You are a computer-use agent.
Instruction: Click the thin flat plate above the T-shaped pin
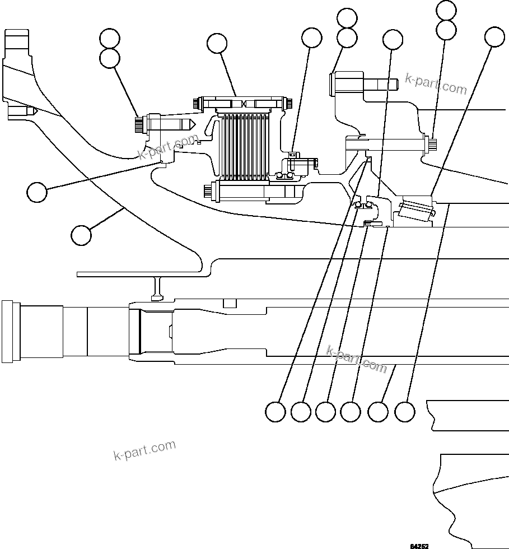[x=140, y=274]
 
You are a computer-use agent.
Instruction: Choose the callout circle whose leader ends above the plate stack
[x=217, y=43]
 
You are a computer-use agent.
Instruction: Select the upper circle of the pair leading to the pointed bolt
[x=109, y=39]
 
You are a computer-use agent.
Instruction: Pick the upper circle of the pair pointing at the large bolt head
[x=347, y=18]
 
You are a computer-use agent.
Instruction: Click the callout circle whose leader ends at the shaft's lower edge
[x=378, y=412]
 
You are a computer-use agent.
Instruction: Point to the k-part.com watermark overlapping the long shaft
[x=357, y=359]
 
